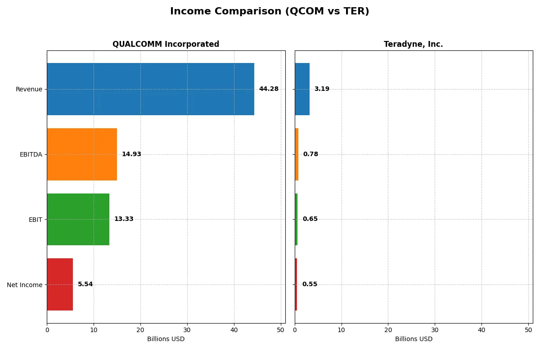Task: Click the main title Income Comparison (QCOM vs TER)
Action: pos(270,12)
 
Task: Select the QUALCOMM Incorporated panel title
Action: pos(166,44)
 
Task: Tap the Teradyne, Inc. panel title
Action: pos(413,44)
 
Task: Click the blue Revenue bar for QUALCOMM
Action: pos(150,89)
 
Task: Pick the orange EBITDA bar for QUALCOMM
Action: pos(82,154)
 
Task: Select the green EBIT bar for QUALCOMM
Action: pos(78,219)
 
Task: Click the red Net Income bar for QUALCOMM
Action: pos(60,284)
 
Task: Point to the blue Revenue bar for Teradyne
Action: pos(302,89)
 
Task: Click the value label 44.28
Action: pos(269,89)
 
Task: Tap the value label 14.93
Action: pos(131,154)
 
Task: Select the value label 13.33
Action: pos(124,219)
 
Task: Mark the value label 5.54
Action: pos(85,284)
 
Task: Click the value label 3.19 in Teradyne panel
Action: pos(322,89)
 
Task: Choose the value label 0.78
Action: pos(310,154)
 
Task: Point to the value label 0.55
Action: pos(310,284)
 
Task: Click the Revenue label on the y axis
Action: pos(29,89)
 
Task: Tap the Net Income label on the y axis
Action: pos(25,285)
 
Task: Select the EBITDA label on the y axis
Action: pos(31,154)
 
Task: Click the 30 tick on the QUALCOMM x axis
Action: pos(187,330)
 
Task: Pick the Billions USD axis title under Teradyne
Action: pos(414,339)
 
